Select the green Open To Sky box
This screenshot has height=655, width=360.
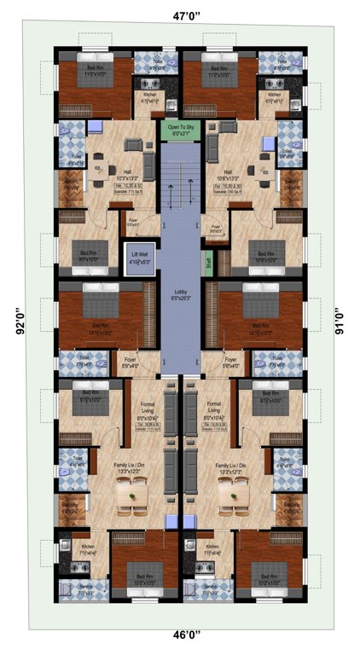click(x=180, y=131)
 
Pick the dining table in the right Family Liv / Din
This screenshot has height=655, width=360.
click(x=229, y=493)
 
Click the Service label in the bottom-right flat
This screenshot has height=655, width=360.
click(x=206, y=586)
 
